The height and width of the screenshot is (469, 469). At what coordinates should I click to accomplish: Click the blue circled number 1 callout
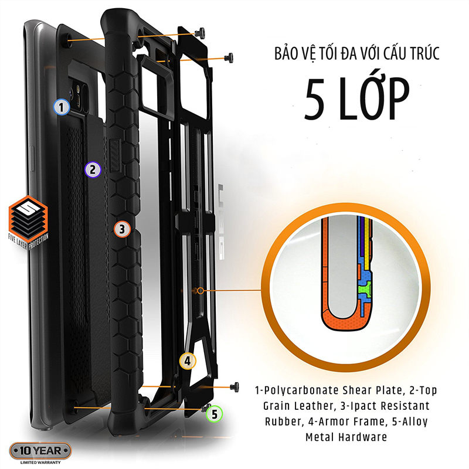[x=62, y=107]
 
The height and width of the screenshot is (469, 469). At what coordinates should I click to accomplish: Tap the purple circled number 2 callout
[x=93, y=169]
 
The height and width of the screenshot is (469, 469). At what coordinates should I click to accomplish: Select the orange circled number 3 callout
[x=122, y=229]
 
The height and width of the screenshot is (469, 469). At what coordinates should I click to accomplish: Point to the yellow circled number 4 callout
[x=188, y=361]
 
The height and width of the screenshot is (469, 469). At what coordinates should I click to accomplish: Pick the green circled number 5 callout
[x=215, y=414]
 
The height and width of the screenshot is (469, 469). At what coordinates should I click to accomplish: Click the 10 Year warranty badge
[x=40, y=451]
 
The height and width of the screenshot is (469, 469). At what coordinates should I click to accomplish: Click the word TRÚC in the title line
[x=423, y=54]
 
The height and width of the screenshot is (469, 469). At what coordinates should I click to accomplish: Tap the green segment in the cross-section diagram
[x=365, y=289]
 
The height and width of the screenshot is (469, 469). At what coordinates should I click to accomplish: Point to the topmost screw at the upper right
[x=200, y=32]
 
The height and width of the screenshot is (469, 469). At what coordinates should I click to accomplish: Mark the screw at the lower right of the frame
[x=235, y=387]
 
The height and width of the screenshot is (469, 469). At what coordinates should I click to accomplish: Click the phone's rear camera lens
[x=71, y=93]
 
